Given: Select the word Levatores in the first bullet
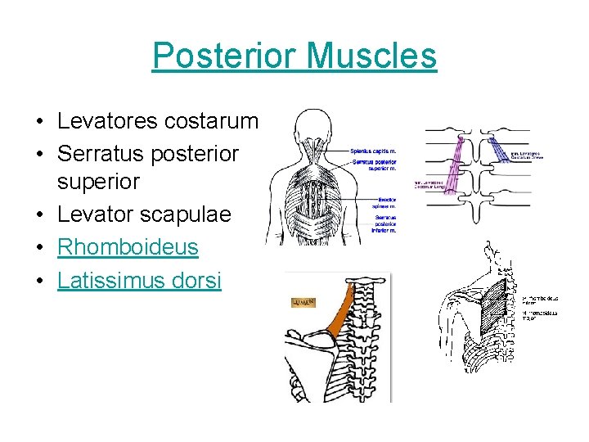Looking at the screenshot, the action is pyautogui.click(x=107, y=122).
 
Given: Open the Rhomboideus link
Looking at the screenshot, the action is pyautogui.click(x=128, y=246).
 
